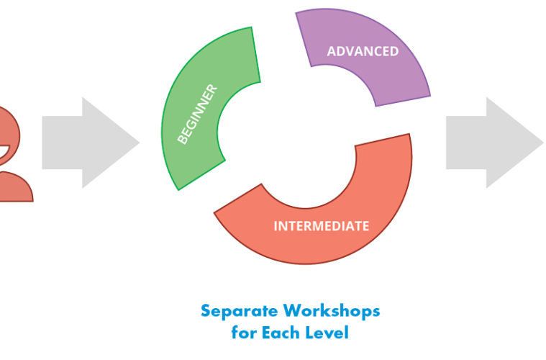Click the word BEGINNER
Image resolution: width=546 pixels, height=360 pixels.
click(197, 114)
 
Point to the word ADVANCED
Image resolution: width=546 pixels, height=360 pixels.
click(363, 52)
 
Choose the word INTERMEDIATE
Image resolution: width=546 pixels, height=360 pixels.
click(321, 226)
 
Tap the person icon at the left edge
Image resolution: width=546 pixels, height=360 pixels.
click(12, 155)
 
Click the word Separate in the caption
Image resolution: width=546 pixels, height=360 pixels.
click(240, 311)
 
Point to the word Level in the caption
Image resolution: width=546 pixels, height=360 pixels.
click(330, 333)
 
